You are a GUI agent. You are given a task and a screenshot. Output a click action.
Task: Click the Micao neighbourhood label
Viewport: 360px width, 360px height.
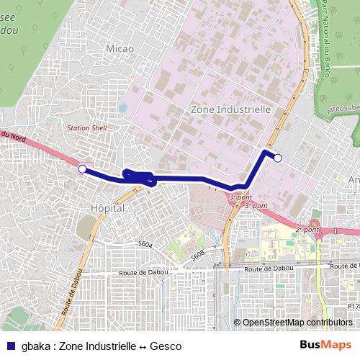coord(120,48)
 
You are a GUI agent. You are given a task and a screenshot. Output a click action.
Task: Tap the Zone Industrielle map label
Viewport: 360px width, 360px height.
coord(230,109)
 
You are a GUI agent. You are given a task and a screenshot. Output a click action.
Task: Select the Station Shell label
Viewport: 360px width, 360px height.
coord(86,127)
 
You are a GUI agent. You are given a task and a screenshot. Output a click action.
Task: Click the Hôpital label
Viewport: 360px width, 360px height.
coord(108,207)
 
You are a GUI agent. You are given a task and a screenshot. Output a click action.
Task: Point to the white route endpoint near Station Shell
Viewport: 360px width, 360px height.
coord(82,169)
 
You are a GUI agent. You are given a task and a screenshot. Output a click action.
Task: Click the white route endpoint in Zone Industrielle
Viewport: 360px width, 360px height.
coord(278,158)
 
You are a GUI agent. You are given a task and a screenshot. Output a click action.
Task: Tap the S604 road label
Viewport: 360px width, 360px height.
coord(145,245)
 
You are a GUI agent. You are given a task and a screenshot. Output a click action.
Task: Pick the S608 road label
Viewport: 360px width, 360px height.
coord(198,253)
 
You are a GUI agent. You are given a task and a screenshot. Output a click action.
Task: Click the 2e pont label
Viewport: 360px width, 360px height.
coord(307,230)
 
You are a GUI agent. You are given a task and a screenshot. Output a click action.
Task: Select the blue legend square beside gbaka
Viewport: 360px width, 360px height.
coord(10,346)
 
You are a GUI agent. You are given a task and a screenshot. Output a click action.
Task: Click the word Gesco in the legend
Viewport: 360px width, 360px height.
coord(166,346)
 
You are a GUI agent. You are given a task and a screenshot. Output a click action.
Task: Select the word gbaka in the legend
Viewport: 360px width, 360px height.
coord(35,346)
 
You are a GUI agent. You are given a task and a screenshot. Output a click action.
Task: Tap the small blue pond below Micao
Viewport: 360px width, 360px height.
coord(122,109)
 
